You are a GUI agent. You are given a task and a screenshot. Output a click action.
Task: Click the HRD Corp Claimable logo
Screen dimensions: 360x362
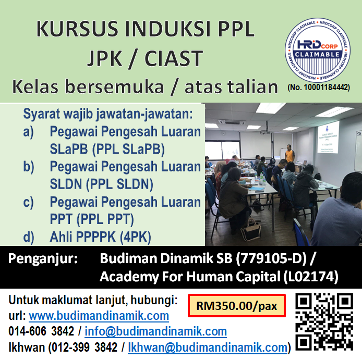tap(318, 51)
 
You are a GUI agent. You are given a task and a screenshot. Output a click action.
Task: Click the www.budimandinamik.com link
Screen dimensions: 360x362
tap(99, 316)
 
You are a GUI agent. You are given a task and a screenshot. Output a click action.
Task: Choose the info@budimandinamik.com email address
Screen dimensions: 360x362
tap(156, 331)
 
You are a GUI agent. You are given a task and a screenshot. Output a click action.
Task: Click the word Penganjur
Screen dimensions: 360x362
tap(43, 258)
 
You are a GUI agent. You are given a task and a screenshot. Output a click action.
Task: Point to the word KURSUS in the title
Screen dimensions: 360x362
tap(73, 29)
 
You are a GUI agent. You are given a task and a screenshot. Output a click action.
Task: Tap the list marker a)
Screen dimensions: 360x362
tap(29, 132)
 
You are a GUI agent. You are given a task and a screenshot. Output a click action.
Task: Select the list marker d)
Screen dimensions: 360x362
tap(29, 237)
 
